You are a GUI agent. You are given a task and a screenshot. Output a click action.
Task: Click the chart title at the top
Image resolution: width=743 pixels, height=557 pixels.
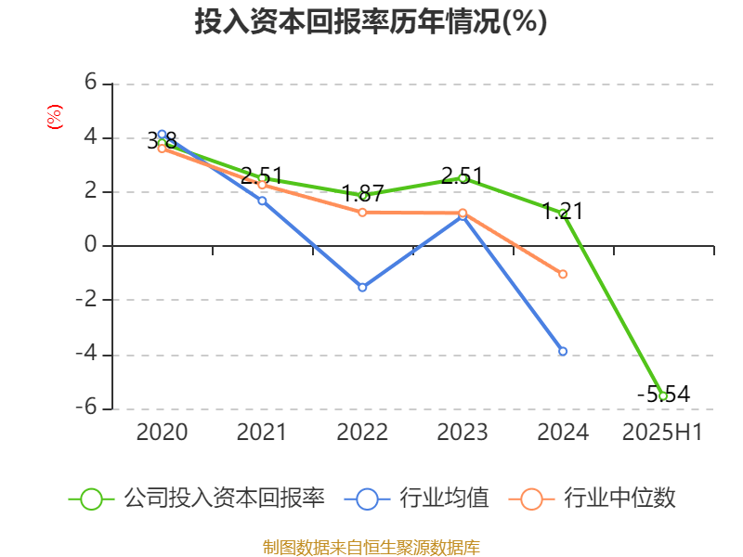(x=371, y=21)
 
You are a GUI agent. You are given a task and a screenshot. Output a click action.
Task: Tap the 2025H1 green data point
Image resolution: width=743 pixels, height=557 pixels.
(x=663, y=395)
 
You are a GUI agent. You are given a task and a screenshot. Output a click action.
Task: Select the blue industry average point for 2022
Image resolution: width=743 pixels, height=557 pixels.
(x=362, y=287)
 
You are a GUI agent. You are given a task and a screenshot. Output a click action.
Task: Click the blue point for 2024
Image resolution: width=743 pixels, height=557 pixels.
(x=563, y=351)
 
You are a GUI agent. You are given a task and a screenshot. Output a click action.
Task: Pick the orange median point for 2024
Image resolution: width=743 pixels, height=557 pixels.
(x=563, y=274)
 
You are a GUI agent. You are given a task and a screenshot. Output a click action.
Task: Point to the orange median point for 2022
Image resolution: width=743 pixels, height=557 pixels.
(x=362, y=213)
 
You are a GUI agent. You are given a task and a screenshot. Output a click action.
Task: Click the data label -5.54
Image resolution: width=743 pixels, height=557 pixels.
(x=663, y=394)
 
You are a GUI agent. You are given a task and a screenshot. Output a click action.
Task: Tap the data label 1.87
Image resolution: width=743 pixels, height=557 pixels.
(x=362, y=194)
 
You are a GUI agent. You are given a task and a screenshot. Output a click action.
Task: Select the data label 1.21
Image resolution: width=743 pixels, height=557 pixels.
(x=563, y=211)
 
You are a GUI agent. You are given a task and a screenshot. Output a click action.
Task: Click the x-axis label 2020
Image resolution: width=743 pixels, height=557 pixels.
(x=162, y=432)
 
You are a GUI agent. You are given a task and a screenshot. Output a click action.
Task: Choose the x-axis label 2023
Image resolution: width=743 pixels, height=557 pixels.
(x=463, y=432)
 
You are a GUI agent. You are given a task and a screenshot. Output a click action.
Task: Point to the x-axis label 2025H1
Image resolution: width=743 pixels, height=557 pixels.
(x=662, y=432)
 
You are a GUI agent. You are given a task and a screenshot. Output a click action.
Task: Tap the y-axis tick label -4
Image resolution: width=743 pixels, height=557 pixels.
(x=87, y=354)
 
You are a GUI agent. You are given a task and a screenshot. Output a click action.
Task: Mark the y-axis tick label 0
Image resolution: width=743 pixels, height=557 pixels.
(x=91, y=245)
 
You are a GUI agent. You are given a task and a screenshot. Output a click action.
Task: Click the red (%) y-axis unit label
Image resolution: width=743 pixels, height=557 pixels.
(x=55, y=116)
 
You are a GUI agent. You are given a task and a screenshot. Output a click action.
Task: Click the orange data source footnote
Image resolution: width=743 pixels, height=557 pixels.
(x=371, y=547)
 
